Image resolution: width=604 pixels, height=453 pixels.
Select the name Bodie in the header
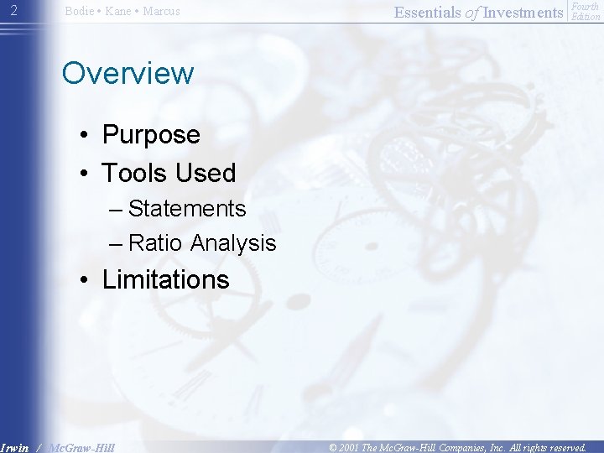pyautogui.click(x=79, y=12)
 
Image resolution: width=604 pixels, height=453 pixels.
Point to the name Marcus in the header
pyautogui.click(x=161, y=12)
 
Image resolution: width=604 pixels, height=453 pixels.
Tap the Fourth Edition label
pyautogui.click(x=585, y=12)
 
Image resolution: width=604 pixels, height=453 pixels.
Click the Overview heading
pyautogui.click(x=128, y=73)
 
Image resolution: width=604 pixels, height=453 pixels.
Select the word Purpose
pyautogui.click(x=151, y=134)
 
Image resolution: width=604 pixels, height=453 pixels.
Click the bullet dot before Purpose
pyautogui.click(x=86, y=135)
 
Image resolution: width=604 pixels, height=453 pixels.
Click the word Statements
pyautogui.click(x=186, y=208)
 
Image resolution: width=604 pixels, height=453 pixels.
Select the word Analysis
pyautogui.click(x=233, y=243)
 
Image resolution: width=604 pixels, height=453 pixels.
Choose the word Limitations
pyautogui.click(x=165, y=279)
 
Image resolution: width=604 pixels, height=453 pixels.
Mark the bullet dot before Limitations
pyautogui.click(x=86, y=280)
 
